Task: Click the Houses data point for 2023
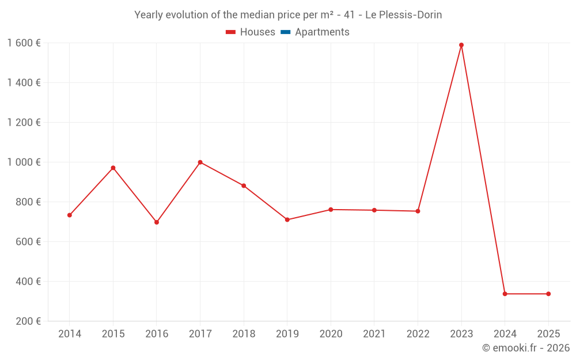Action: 461,45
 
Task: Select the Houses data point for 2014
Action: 70,215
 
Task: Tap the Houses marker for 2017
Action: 200,162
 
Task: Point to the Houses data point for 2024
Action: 505,294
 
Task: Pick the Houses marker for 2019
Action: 287,219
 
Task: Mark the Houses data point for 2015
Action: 113,168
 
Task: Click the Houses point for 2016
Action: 157,222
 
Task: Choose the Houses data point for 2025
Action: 548,294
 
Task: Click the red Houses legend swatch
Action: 231,32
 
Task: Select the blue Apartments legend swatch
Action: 286,32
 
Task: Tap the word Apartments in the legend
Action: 322,32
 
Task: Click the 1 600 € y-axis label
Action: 24,43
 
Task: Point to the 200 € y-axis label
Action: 29,321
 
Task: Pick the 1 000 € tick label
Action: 24,162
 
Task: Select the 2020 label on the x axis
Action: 331,334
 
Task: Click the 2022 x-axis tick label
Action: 418,334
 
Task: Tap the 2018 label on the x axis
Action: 244,334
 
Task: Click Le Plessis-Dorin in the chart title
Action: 404,15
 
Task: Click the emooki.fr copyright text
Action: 526,348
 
